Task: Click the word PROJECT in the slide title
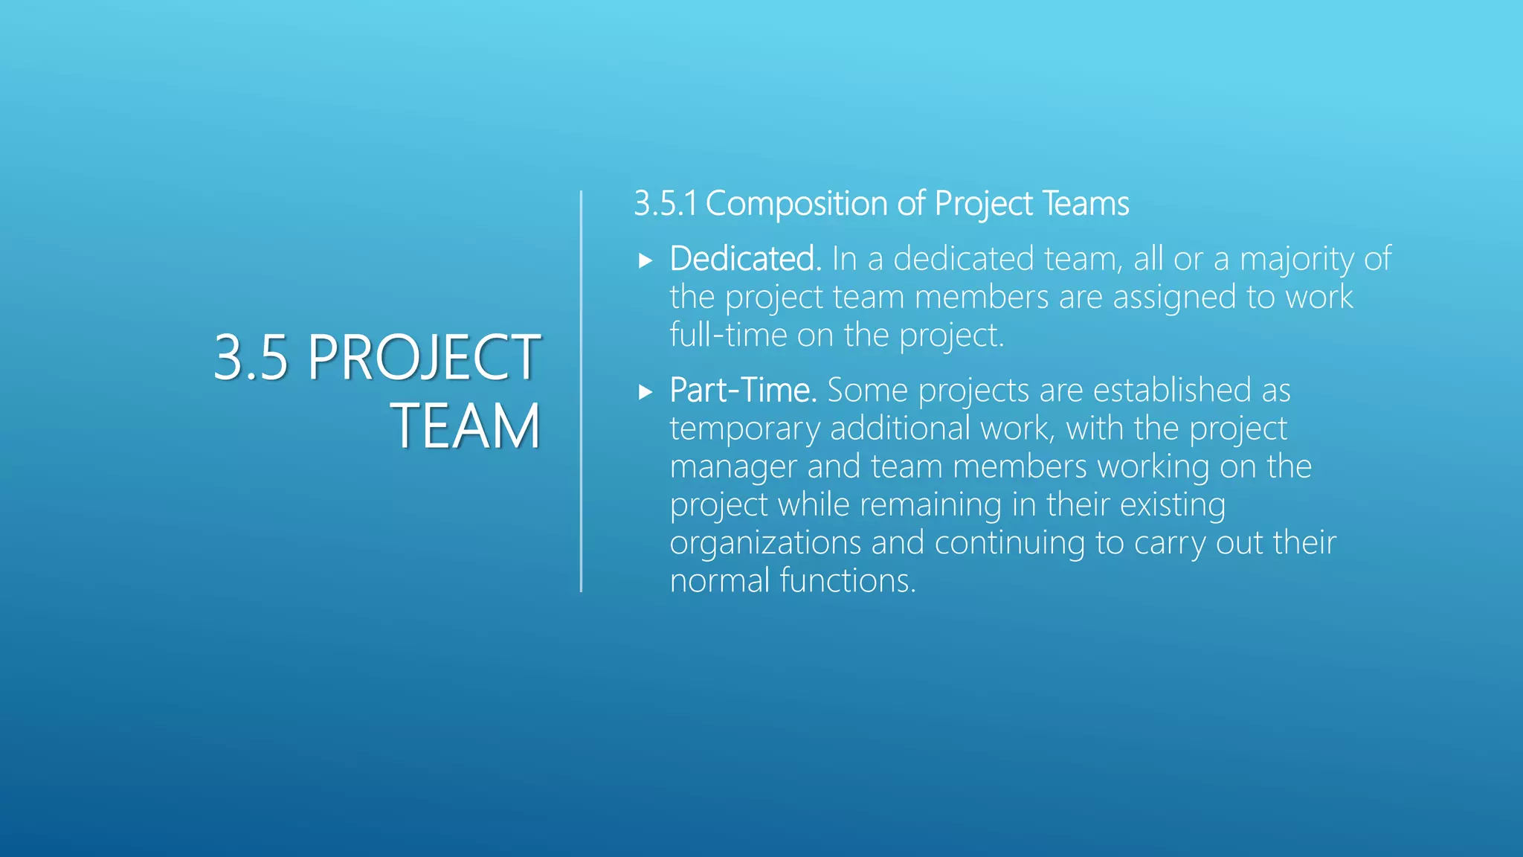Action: (x=423, y=358)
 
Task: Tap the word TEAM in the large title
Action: (x=466, y=426)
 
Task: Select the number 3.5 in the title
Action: (x=250, y=358)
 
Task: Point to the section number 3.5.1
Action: (x=665, y=204)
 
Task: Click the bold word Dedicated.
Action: (x=744, y=259)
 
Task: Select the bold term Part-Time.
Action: (x=743, y=391)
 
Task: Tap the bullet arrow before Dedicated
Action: (x=645, y=260)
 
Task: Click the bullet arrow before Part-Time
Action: (x=645, y=392)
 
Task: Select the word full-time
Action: (x=728, y=336)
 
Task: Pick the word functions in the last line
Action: (x=848, y=581)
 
